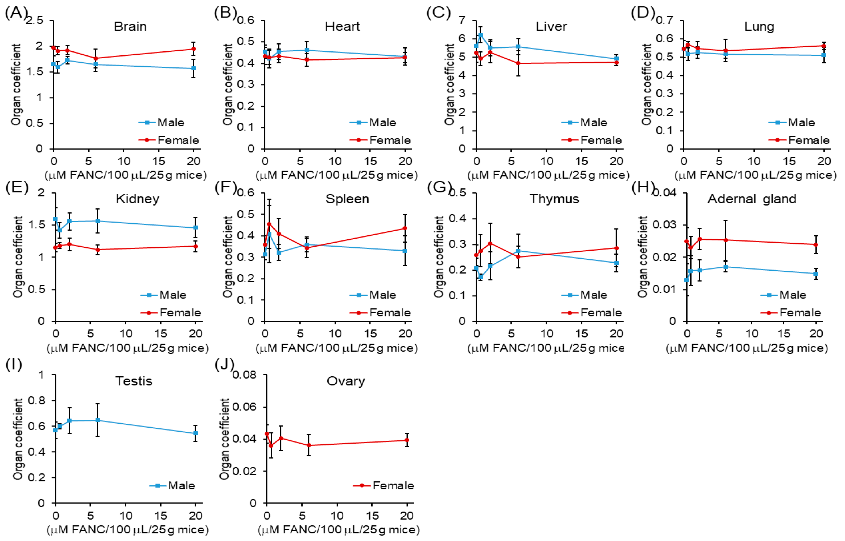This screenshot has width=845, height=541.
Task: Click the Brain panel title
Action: click(x=130, y=27)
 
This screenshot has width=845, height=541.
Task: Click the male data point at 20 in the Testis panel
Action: click(x=196, y=433)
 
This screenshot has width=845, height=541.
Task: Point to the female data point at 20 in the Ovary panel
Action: click(x=407, y=440)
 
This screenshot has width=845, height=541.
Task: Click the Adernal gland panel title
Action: click(x=752, y=199)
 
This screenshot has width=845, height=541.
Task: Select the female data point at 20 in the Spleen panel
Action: click(x=405, y=228)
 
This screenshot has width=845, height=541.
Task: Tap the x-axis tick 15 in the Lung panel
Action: click(x=789, y=161)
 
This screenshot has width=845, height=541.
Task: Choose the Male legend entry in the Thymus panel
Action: click(x=593, y=295)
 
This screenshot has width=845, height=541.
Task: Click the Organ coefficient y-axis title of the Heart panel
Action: click(x=228, y=84)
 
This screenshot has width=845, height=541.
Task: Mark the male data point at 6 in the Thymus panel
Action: click(x=518, y=251)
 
